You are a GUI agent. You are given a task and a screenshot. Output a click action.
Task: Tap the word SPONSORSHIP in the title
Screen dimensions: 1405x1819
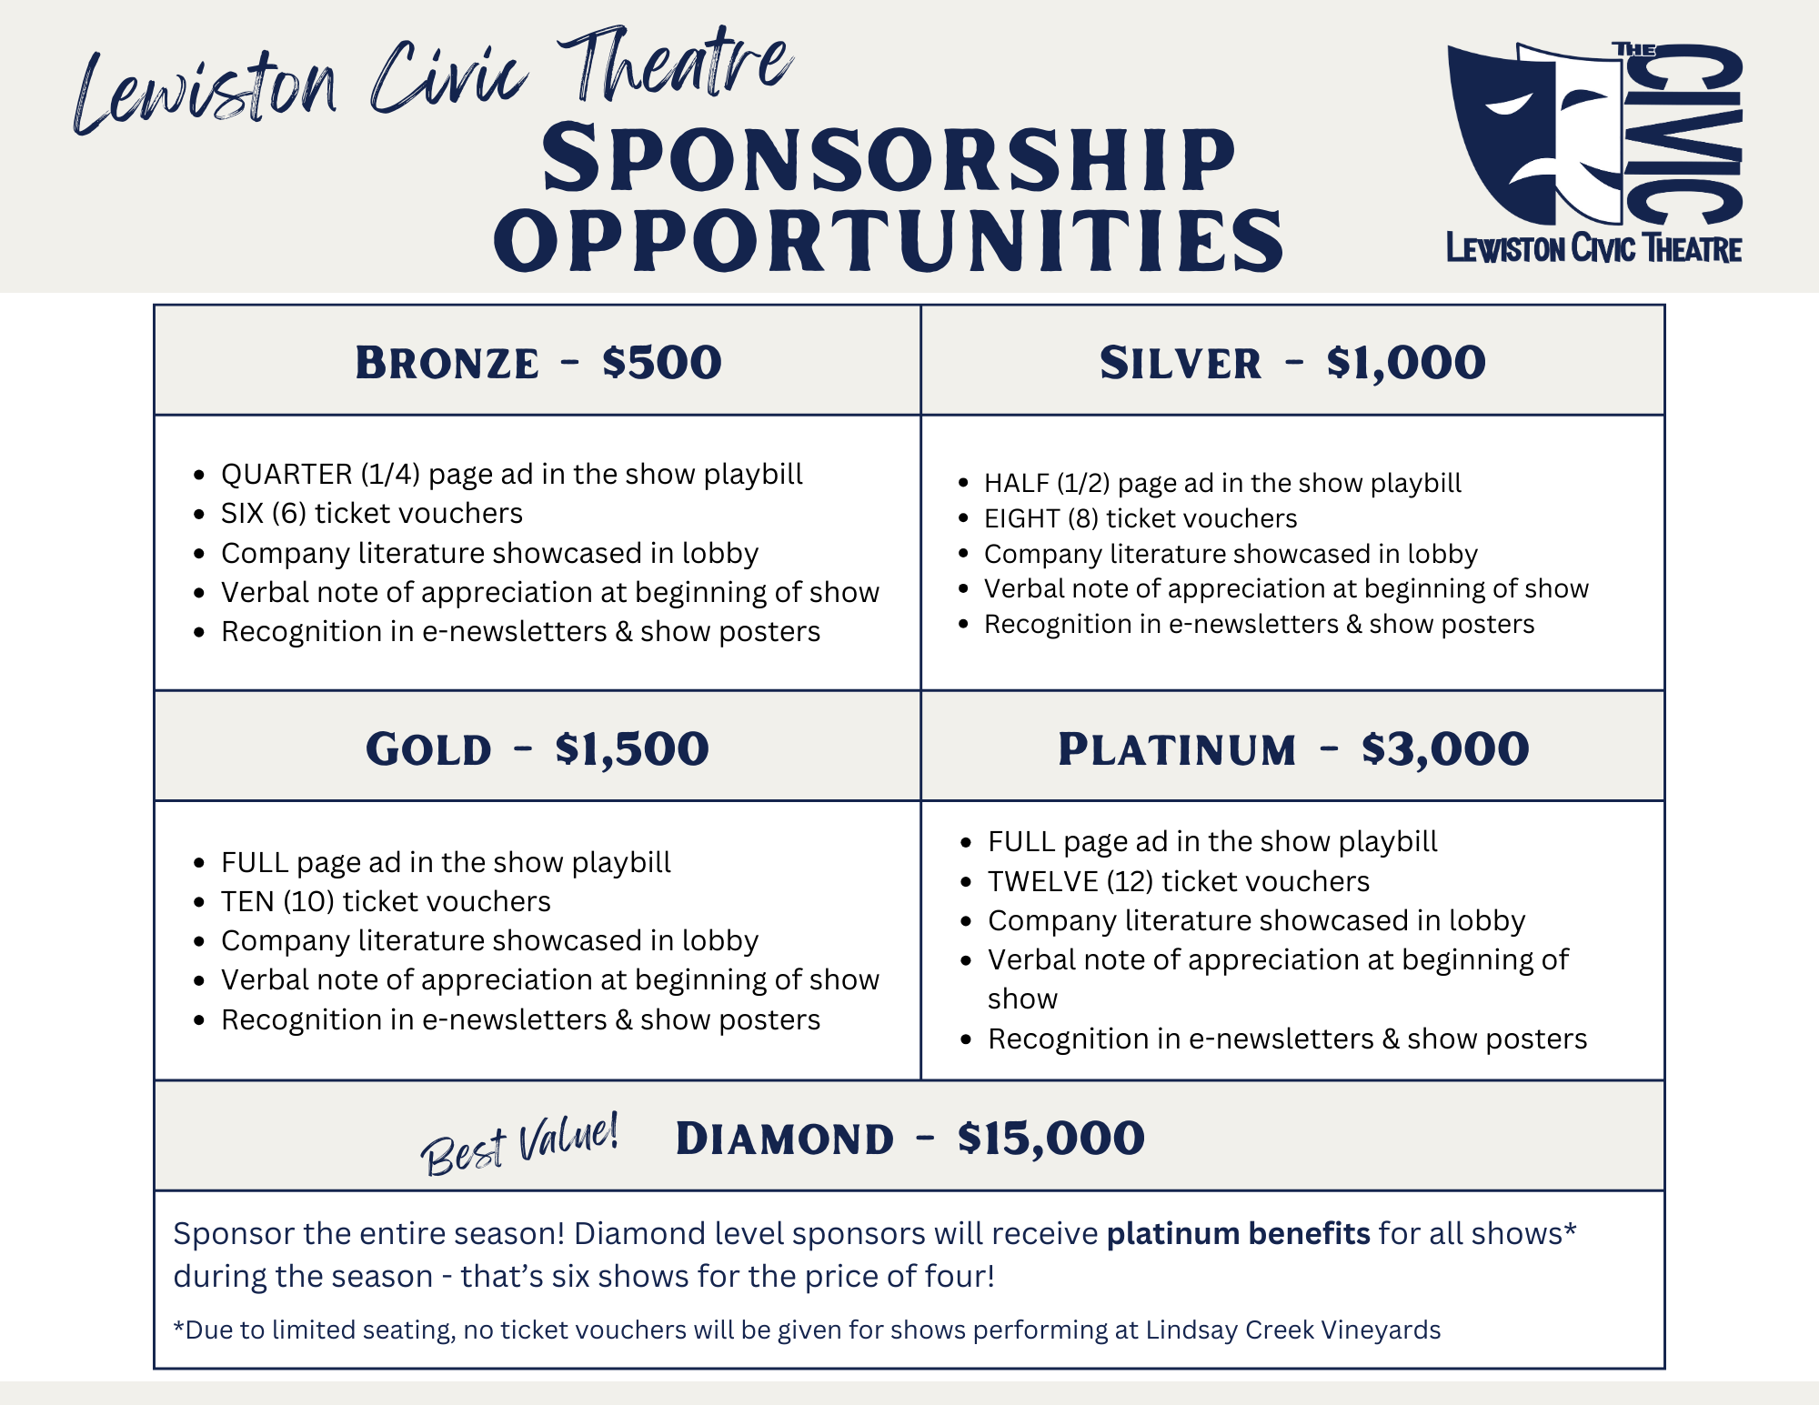[889, 160]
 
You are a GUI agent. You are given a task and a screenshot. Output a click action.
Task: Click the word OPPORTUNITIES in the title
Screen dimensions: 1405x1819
[888, 240]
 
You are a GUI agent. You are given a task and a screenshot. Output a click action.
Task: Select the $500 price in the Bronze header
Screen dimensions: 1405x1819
[661, 362]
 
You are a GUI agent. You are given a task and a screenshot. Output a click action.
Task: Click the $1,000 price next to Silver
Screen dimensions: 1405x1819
[1406, 362]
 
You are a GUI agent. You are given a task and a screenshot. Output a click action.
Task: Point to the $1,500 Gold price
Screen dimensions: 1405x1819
[632, 748]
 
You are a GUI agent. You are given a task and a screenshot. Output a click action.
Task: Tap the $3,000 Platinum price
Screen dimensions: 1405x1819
[1445, 748]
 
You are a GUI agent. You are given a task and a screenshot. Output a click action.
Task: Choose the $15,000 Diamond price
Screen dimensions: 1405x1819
[1050, 1138]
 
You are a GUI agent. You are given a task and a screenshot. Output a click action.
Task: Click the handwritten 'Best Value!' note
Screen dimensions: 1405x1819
[519, 1144]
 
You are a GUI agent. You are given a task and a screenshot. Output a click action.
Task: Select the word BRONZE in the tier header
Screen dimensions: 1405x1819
[447, 363]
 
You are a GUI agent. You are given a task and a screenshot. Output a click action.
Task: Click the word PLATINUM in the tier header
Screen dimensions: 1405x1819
[1177, 749]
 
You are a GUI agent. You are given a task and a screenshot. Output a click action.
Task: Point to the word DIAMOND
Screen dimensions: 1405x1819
[785, 1139]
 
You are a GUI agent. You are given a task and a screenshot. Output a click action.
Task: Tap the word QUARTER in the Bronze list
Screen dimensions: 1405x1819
[286, 474]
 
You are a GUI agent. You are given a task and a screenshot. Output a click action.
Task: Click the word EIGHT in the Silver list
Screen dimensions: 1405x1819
[1022, 518]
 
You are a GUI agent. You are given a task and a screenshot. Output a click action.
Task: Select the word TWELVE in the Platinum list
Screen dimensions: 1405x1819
[1042, 881]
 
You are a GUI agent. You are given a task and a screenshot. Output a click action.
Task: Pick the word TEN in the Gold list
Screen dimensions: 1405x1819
[247, 901]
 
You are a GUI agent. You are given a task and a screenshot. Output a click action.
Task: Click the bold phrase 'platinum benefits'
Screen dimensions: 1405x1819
[1238, 1233]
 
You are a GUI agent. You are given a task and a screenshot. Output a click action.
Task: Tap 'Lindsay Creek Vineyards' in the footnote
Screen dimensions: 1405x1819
[1292, 1330]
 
